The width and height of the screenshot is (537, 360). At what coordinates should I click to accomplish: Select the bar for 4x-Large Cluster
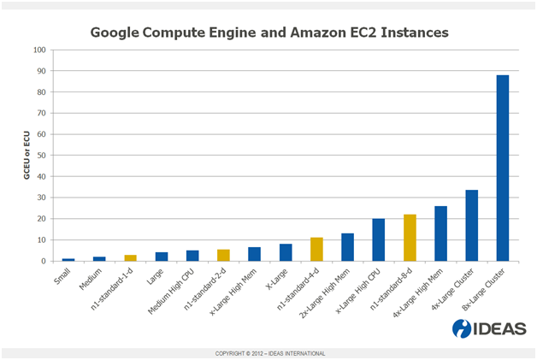pyautogui.click(x=471, y=226)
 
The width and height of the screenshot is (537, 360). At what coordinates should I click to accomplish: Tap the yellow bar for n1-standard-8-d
pyautogui.click(x=410, y=238)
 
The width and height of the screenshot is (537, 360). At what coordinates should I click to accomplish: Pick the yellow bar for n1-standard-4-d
pyautogui.click(x=316, y=250)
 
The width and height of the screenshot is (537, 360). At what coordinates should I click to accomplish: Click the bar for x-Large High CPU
pyautogui.click(x=378, y=240)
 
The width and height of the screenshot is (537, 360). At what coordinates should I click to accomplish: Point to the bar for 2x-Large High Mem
pyautogui.click(x=347, y=247)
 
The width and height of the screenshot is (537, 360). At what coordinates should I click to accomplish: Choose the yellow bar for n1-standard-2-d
pyautogui.click(x=223, y=255)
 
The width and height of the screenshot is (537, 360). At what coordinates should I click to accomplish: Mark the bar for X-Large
pyautogui.click(x=286, y=252)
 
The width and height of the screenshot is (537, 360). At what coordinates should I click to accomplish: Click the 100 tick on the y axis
pyautogui.click(x=38, y=50)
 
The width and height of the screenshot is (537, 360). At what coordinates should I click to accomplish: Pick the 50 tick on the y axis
pyautogui.click(x=40, y=156)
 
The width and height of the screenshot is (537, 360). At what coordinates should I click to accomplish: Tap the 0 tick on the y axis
pyautogui.click(x=43, y=261)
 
